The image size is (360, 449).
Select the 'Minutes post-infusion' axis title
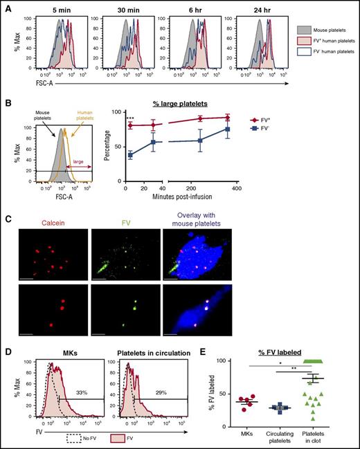tap(195, 196)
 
